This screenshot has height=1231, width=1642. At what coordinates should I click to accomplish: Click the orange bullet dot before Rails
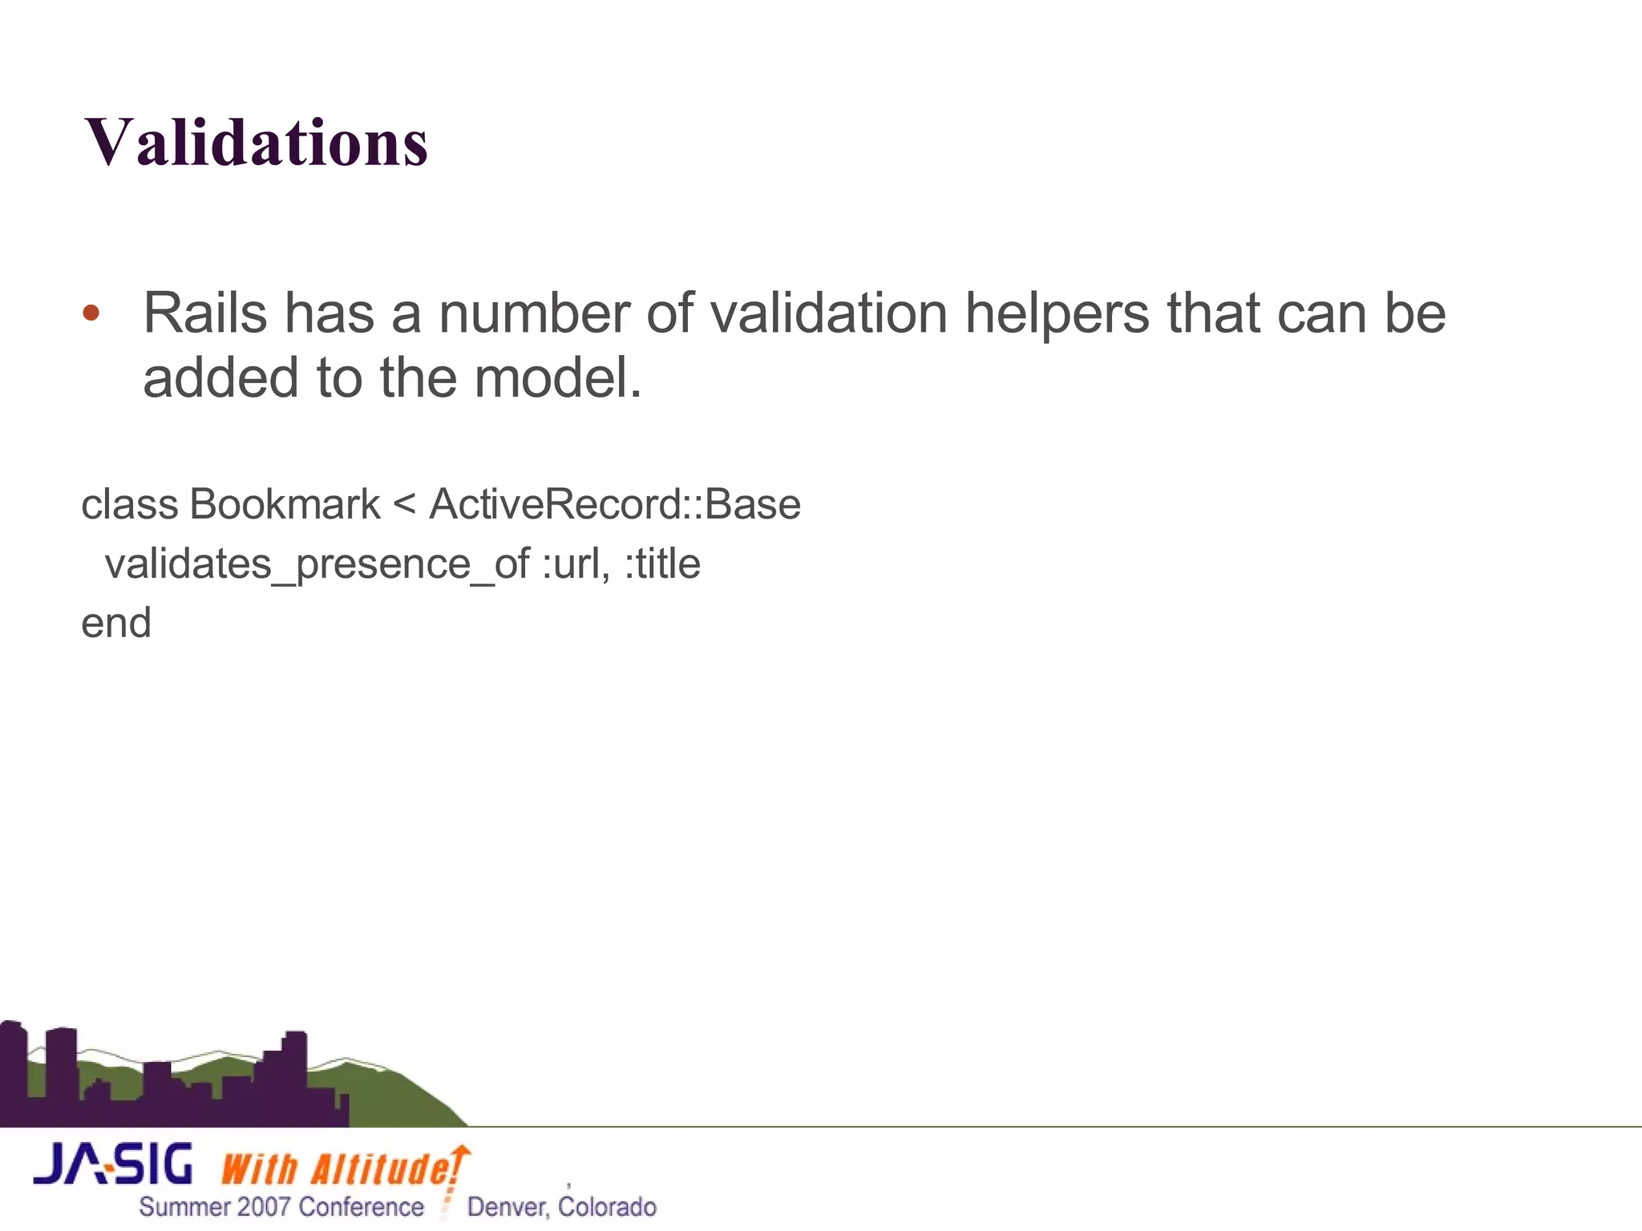(91, 313)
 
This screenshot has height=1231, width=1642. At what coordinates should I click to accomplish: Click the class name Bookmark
(285, 505)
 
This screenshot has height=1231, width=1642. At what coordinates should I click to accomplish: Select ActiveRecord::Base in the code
(615, 505)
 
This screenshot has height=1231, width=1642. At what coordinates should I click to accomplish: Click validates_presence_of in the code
(317, 564)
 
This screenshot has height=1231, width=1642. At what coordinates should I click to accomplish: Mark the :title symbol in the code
(662, 564)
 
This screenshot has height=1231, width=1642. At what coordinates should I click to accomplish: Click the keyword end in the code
(116, 624)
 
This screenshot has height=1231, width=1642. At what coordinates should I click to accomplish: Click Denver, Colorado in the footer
(561, 1207)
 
